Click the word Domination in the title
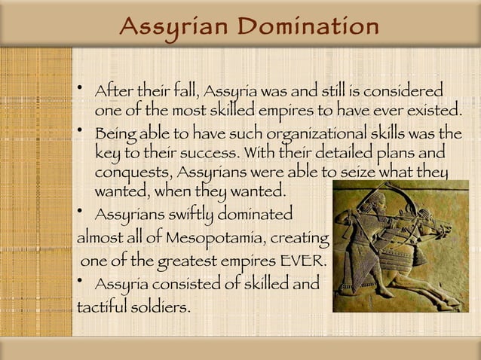coord(309,27)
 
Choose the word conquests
coord(127,173)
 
